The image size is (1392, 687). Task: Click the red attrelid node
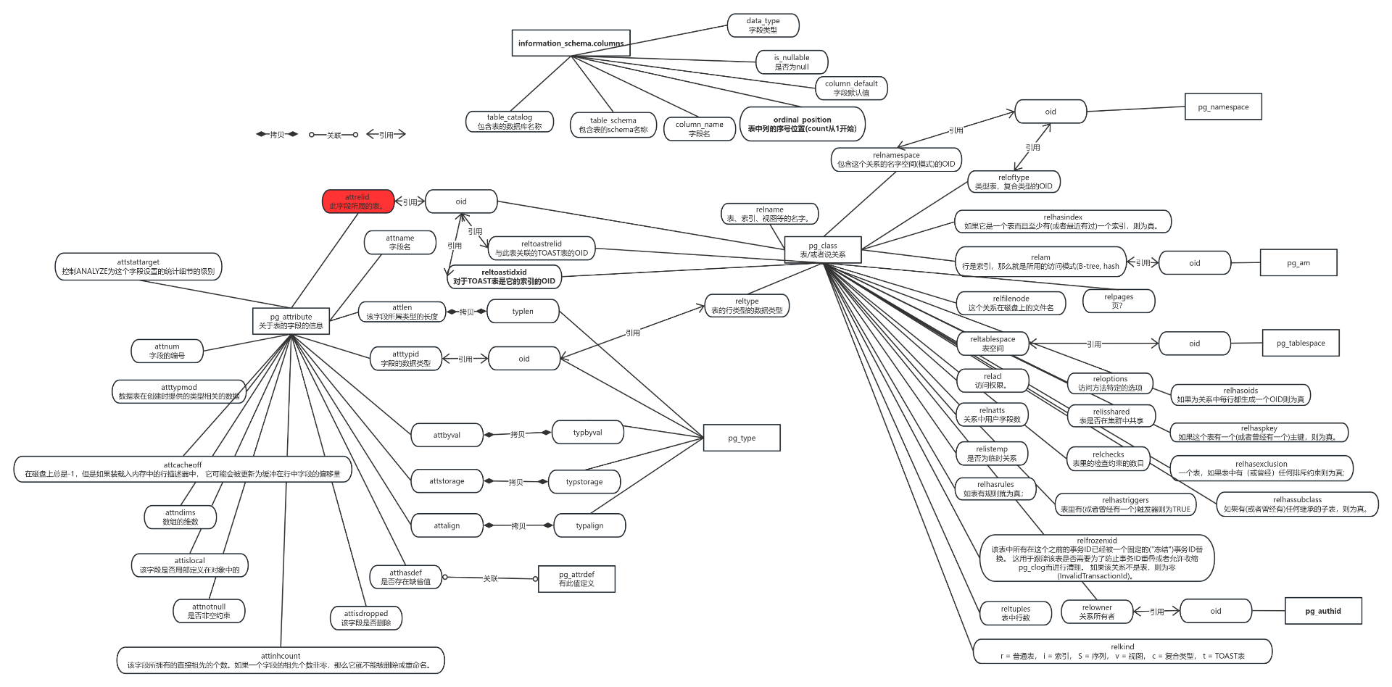357,201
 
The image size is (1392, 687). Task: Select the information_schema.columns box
571,43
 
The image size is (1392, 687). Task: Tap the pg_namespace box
1223,107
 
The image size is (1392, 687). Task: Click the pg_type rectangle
742,438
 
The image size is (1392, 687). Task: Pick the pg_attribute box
291,321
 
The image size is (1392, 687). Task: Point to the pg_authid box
1323,611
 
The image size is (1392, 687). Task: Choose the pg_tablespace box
1301,343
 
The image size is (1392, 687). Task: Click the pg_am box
1298,263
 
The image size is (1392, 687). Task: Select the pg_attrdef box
576,579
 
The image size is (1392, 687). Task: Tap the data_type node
763,25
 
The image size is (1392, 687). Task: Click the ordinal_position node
802,124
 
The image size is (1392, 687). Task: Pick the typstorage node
584,482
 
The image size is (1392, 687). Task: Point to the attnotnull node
209,611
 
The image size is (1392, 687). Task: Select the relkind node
1122,651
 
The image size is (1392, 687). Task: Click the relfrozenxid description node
1097,558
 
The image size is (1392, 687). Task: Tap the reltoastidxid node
504,277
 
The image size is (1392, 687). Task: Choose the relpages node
1118,301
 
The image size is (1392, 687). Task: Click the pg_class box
823,250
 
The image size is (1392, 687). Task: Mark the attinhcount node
281,660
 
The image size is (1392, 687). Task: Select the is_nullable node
791,62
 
